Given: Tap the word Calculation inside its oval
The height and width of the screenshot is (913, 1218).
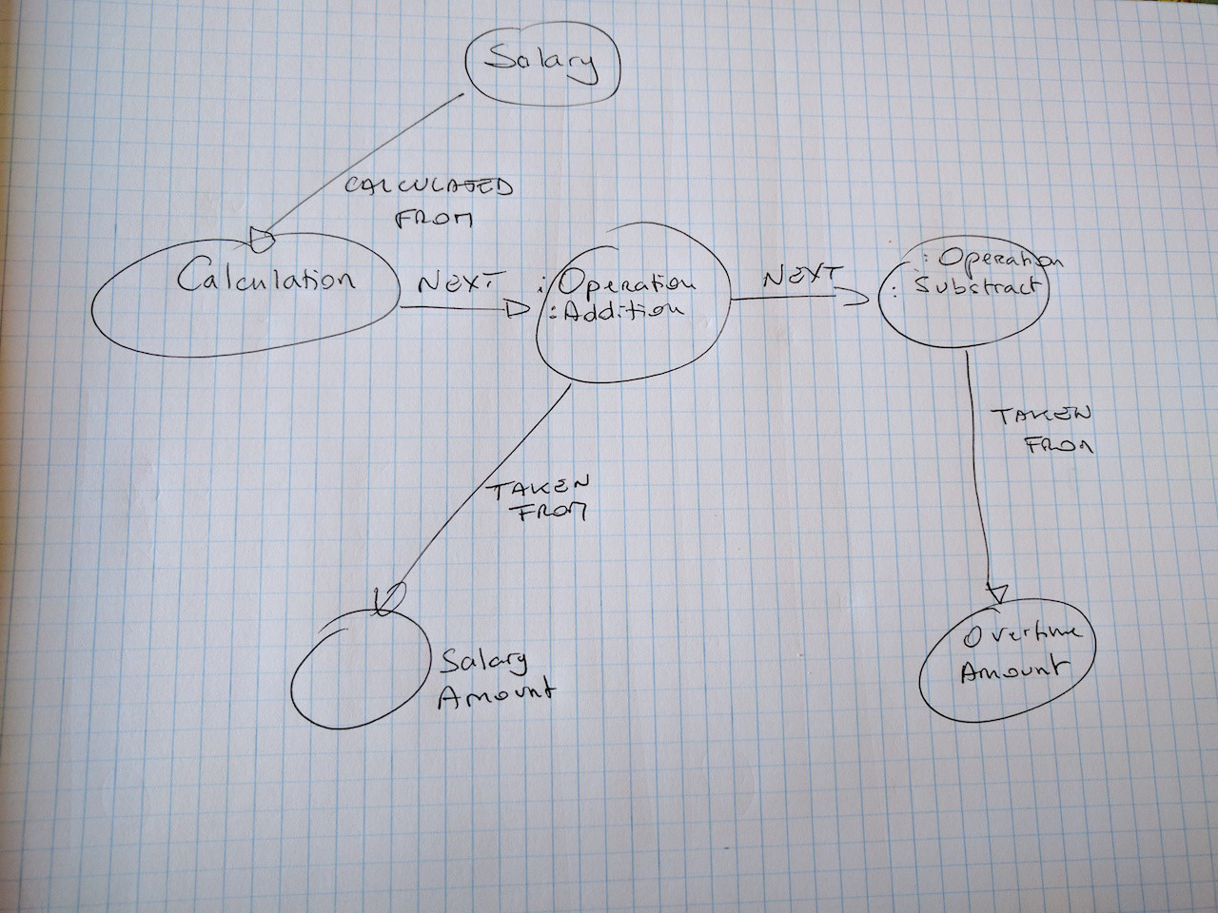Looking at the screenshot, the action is pos(265,280).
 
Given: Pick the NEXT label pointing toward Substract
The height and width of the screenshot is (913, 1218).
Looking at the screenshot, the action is pos(802,276).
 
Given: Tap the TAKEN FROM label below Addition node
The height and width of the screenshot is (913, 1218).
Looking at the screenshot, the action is pos(540,498).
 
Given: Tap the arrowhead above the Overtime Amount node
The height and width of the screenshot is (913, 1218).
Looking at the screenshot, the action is pos(997,592).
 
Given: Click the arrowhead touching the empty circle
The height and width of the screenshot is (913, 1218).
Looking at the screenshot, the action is pos(385,600).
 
